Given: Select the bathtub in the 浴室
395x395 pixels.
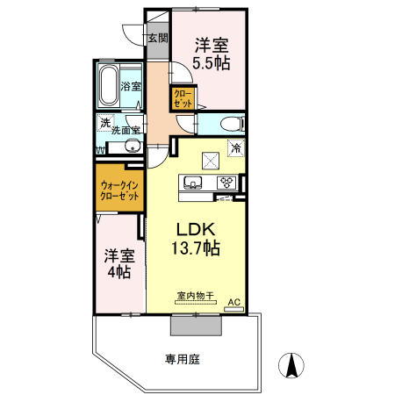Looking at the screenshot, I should tap(111, 84).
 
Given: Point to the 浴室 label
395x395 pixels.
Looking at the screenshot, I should tap(132, 87).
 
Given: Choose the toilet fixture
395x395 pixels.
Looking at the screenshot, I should tap(230, 123).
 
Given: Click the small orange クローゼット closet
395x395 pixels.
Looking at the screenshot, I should tap(183, 97).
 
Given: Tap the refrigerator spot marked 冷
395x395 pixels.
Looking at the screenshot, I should tap(235, 148).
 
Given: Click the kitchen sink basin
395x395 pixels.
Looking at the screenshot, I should tap(194, 183).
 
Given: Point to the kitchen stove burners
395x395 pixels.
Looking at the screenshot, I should tap(226, 183).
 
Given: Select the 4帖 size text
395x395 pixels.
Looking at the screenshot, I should tap(119, 273).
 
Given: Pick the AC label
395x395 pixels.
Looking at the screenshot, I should tap(233, 302).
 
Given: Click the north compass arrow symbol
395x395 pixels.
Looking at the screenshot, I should tap(291, 363).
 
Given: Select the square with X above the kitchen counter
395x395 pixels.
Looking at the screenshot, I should tap(212, 160).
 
